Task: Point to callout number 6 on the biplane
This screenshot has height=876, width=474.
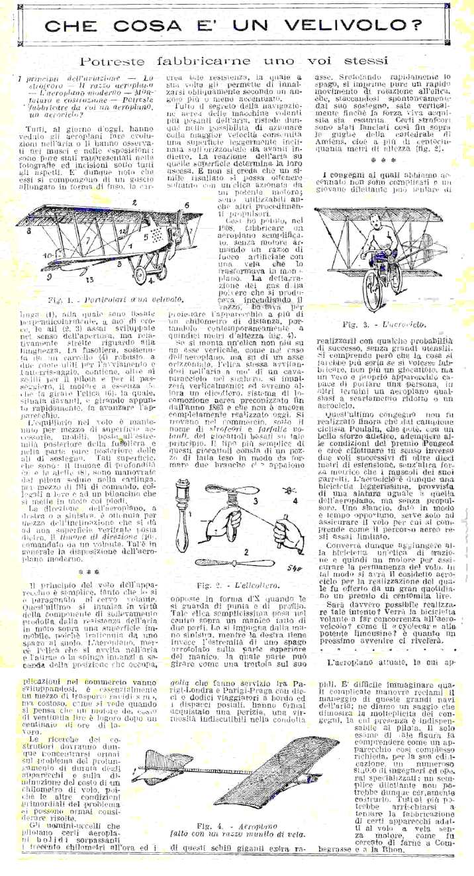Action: click(x=187, y=205)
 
